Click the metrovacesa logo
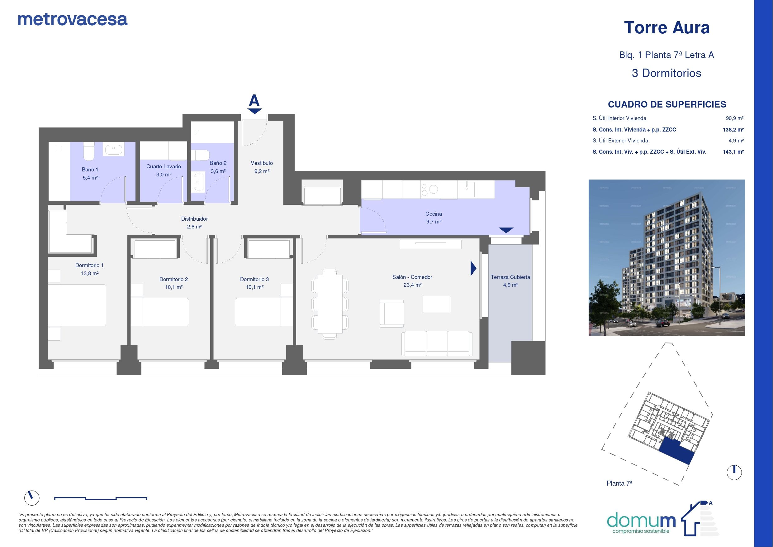pyautogui.click(x=73, y=20)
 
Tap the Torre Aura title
pyautogui.click(x=666, y=28)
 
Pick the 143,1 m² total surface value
pyautogui.click(x=733, y=152)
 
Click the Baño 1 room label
pyautogui.click(x=90, y=170)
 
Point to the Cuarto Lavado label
pyautogui.click(x=164, y=166)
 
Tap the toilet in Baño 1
pyautogui.click(x=89, y=151)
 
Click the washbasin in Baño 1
pyautogui.click(x=114, y=149)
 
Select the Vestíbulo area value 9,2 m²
pyautogui.click(x=262, y=171)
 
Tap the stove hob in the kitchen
pyautogui.click(x=429, y=189)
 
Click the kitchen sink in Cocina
pyautogui.click(x=467, y=189)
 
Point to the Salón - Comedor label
pyautogui.click(x=412, y=277)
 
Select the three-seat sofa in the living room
pyautogui.click(x=437, y=343)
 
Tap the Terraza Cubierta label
pyautogui.click(x=510, y=277)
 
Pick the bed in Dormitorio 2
pyautogui.click(x=159, y=312)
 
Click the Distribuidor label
pyautogui.click(x=195, y=219)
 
